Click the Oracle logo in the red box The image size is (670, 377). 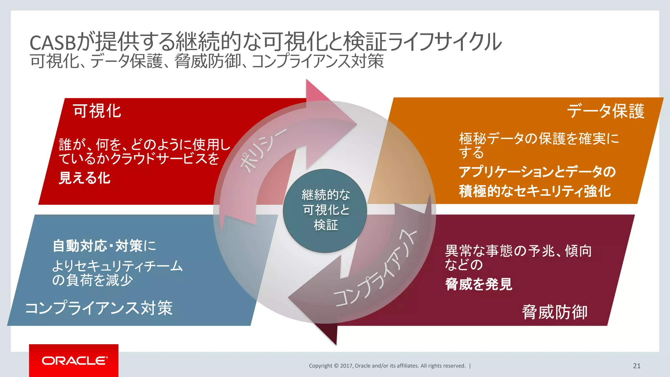coord(74,361)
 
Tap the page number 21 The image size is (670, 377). coord(636,366)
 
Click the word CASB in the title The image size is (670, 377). coord(52,43)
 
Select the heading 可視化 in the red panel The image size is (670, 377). coord(97,111)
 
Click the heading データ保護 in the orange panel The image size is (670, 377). coord(606,111)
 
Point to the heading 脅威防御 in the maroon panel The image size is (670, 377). coord(555,312)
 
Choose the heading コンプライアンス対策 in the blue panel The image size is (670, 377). coord(99,308)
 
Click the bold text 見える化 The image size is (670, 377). coord(84,178)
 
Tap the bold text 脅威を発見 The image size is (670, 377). coord(478,284)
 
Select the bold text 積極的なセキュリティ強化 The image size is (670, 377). coord(535,191)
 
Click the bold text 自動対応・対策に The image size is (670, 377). coord(104,246)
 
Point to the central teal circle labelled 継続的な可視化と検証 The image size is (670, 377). coord(325,210)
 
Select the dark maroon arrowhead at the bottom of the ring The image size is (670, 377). coord(324,331)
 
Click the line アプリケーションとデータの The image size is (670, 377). coord(537,172)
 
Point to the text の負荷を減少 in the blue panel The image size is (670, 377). coord(93,280)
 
